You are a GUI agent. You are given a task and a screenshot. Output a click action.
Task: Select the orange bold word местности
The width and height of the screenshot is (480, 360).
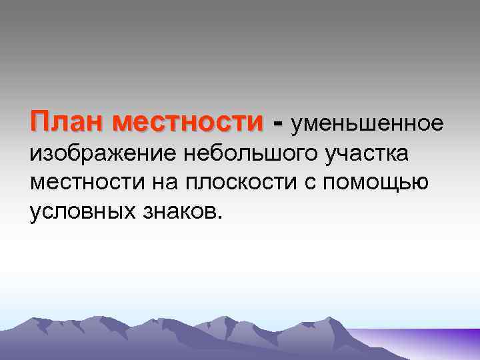[189, 122]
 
